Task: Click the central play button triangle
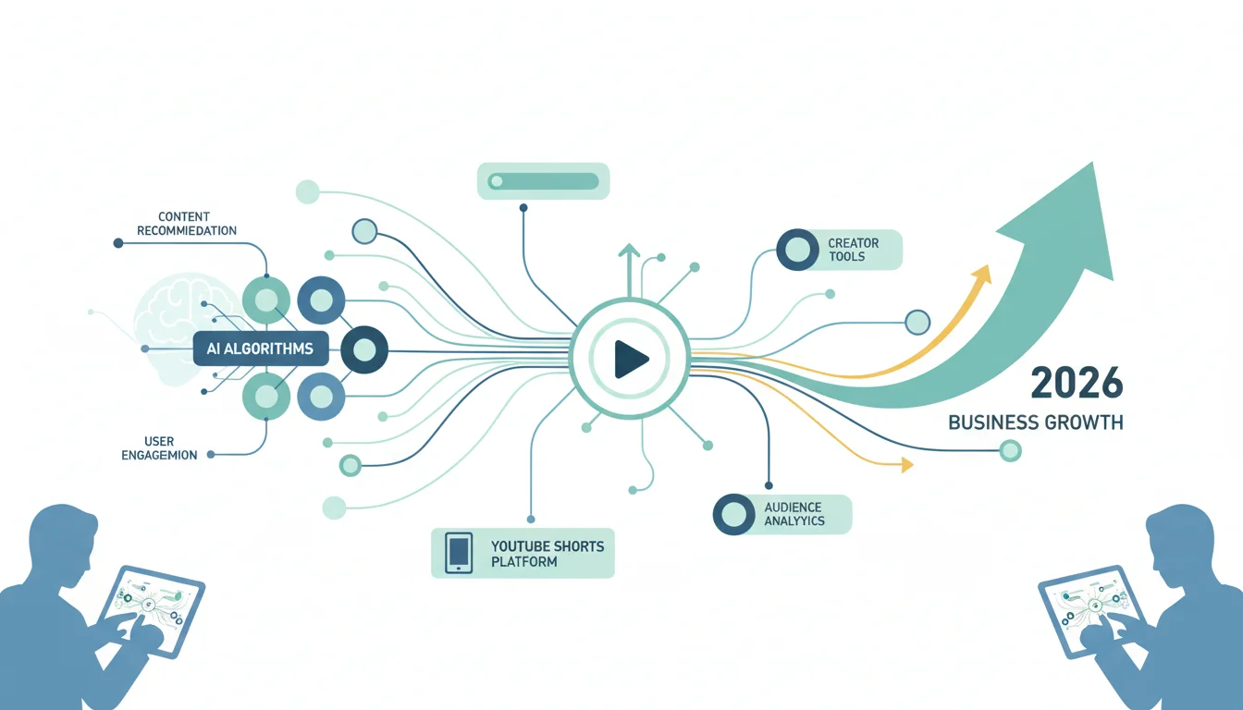630,359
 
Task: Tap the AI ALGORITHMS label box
261,349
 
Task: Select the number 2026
1077,384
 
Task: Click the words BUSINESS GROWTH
1036,422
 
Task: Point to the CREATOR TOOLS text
853,250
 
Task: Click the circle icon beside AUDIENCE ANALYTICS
733,514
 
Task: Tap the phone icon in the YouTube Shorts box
459,553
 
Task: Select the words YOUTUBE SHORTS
548,546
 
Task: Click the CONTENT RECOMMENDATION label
187,224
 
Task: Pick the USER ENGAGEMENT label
159,448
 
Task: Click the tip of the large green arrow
1092,163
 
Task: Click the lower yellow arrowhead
906,464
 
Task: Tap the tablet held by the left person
151,611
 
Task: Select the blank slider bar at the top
543,181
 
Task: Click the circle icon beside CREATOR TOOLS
797,250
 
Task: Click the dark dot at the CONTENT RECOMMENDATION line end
118,243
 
